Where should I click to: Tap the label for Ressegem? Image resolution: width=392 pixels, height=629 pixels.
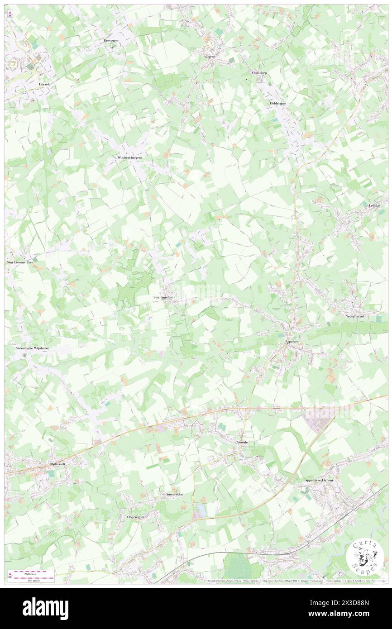110,41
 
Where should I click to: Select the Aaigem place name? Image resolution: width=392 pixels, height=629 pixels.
208,57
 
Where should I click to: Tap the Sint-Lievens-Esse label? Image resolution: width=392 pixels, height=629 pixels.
19,262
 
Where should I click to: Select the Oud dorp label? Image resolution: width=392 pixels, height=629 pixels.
260,72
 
